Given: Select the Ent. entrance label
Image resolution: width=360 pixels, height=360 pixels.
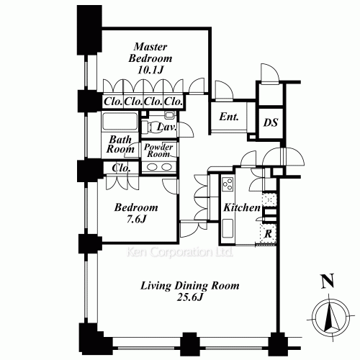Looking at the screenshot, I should pyautogui.click(x=229, y=117).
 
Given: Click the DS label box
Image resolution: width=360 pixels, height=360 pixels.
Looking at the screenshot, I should pyautogui.click(x=270, y=122).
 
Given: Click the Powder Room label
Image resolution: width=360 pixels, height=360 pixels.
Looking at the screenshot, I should pyautogui.click(x=158, y=150).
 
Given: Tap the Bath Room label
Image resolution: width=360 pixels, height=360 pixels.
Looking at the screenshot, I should pyautogui.click(x=120, y=144).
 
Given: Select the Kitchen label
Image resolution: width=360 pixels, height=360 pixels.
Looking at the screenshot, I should pyautogui.click(x=241, y=208).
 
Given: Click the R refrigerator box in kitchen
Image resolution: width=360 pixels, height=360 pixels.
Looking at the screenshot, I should pyautogui.click(x=268, y=233).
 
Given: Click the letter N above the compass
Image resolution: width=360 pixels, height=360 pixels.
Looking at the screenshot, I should pyautogui.click(x=328, y=282).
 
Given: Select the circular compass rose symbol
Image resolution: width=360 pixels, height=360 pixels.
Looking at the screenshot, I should pyautogui.click(x=328, y=317).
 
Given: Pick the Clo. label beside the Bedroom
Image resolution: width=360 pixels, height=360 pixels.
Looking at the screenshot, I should pyautogui.click(x=120, y=168).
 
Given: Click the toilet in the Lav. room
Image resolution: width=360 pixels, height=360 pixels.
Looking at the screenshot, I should pyautogui.click(x=169, y=116).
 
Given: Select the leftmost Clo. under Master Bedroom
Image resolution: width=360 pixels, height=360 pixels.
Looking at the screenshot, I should pyautogui.click(x=112, y=102).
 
